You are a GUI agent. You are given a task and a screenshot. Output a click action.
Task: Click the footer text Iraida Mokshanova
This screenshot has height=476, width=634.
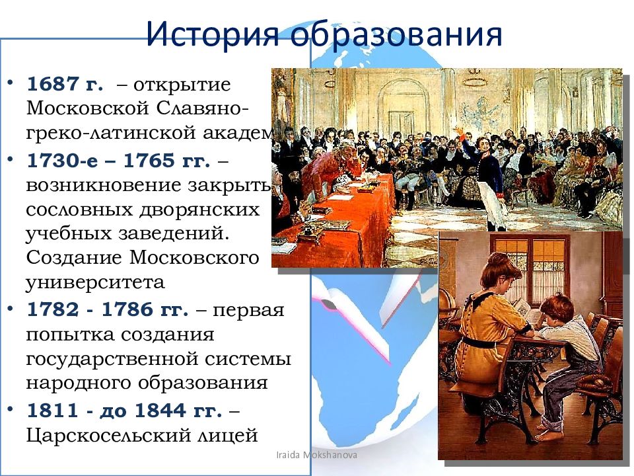tap(318, 456)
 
